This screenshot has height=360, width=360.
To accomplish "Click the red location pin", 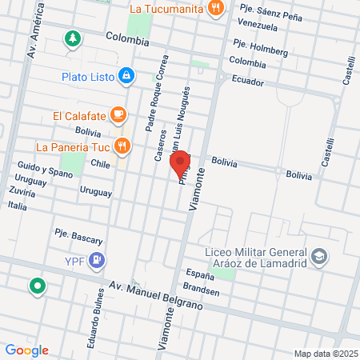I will click(181, 163).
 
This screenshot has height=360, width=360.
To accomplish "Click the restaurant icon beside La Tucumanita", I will click(214, 9).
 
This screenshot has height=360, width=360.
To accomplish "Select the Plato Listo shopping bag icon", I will click(126, 77).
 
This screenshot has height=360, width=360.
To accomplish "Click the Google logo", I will click(26, 350).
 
